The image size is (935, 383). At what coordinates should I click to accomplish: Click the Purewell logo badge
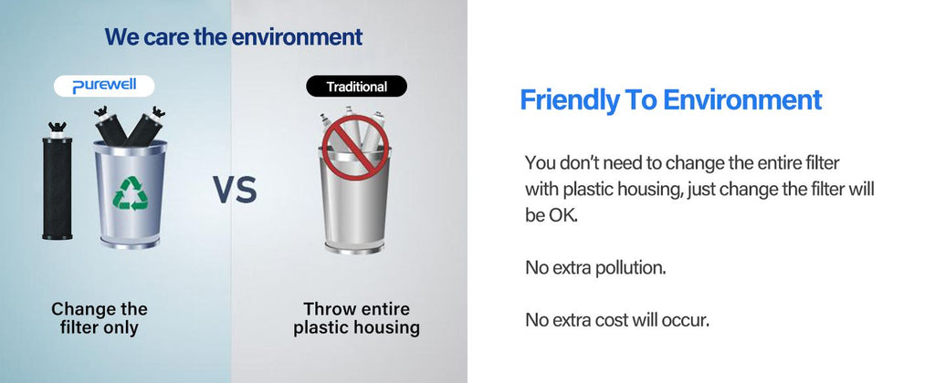coord(104,87)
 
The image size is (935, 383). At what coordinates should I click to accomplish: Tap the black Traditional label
coord(357,87)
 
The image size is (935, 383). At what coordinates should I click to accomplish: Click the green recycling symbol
coord(130,193)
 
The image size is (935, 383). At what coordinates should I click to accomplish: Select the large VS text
coord(235,190)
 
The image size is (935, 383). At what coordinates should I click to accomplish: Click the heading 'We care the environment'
coord(233,36)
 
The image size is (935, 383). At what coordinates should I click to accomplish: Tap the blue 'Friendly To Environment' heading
coord(671,100)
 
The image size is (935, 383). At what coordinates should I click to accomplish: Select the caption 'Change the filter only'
coord(99,318)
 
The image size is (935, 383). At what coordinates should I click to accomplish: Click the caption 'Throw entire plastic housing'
coord(357,318)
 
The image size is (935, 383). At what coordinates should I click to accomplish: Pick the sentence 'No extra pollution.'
coord(595,268)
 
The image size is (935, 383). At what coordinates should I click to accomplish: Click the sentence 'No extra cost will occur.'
coord(617,320)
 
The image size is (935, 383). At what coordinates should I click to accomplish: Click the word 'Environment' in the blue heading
coord(743,100)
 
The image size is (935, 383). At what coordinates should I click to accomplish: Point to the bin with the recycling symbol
coord(130,193)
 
